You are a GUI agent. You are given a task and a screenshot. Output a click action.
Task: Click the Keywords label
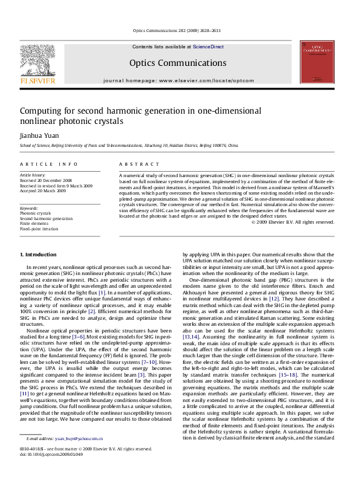(30, 207)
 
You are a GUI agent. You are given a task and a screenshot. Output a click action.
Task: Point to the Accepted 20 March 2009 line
(44, 190)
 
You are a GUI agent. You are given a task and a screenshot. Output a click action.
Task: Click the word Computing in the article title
(41, 111)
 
